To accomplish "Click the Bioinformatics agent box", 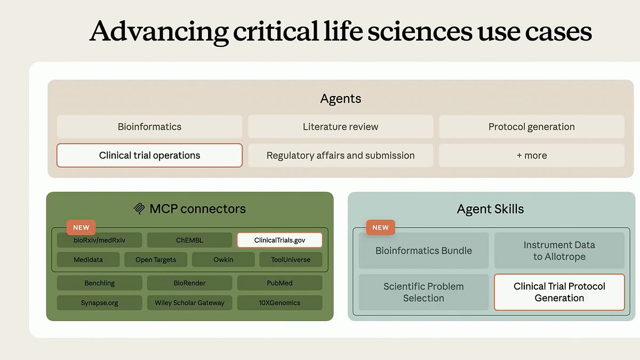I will [x=149, y=127].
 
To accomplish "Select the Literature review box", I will [x=340, y=127].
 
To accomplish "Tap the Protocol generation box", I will [x=531, y=127].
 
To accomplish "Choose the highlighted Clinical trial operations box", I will [x=149, y=156].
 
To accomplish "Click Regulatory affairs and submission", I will [x=340, y=156].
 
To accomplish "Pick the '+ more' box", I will [x=531, y=156].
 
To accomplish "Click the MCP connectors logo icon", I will [x=139, y=209].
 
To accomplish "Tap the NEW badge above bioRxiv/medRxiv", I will [x=81, y=227].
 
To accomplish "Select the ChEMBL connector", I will [x=189, y=240].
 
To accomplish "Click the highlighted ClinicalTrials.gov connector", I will [x=279, y=240].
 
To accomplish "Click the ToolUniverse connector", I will [x=291, y=260].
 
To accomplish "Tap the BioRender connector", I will [x=189, y=283].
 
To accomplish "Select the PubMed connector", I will [x=279, y=283].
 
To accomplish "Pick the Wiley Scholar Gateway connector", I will [x=189, y=302].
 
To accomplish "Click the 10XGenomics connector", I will [x=279, y=302].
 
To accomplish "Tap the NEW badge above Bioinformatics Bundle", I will [x=380, y=227].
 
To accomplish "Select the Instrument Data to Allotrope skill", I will [x=559, y=251].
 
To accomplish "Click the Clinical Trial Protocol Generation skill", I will [x=559, y=292].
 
